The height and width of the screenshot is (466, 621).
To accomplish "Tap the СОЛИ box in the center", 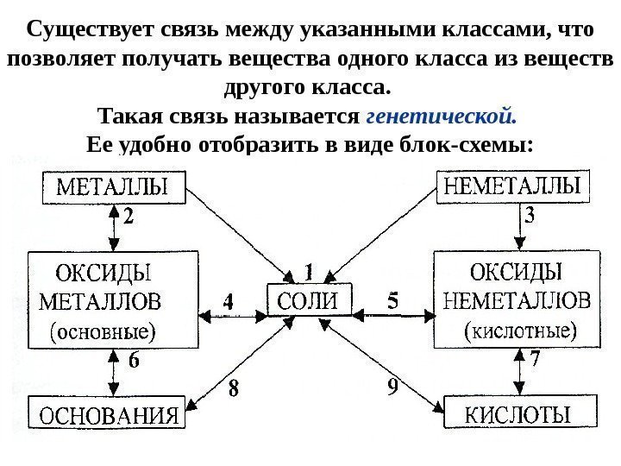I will point(308,301).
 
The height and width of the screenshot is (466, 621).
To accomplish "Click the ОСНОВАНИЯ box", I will point(109,412).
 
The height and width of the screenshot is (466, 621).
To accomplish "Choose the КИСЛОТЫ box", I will point(518,412).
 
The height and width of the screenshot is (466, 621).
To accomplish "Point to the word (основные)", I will point(104,330).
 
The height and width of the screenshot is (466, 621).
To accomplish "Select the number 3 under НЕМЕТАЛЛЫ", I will point(531,218).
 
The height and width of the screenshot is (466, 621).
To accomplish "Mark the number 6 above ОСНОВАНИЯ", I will point(134,362).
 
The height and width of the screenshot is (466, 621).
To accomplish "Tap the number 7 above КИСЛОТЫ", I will point(536,358).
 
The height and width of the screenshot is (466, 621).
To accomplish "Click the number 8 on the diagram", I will point(233,389).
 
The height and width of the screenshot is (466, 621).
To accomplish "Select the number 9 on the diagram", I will point(392,387).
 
